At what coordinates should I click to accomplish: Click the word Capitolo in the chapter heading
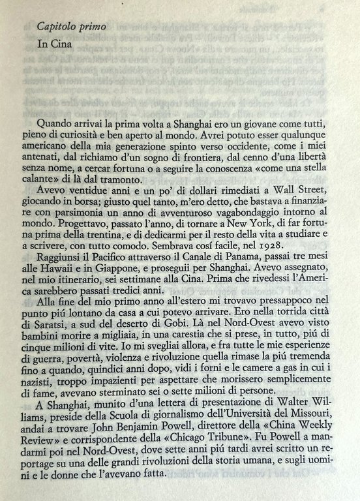coord(57,27)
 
